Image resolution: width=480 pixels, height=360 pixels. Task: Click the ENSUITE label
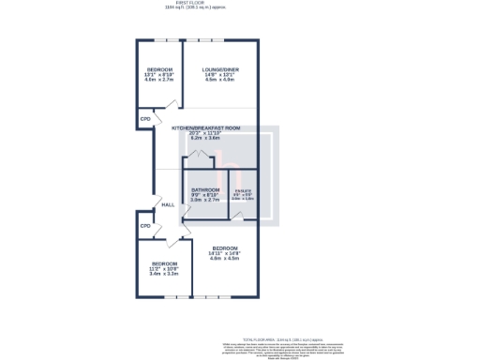pyautogui.click(x=243, y=190)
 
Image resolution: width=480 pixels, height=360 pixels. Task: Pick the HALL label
pyautogui.click(x=168, y=204)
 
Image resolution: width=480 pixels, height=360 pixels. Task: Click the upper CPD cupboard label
pyautogui.click(x=145, y=119)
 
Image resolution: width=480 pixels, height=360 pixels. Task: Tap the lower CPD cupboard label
pyautogui.click(x=145, y=226)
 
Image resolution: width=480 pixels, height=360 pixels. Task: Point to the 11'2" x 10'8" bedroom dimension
pyautogui.click(x=164, y=269)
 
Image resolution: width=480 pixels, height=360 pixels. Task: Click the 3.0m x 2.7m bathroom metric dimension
pyautogui.click(x=204, y=200)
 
